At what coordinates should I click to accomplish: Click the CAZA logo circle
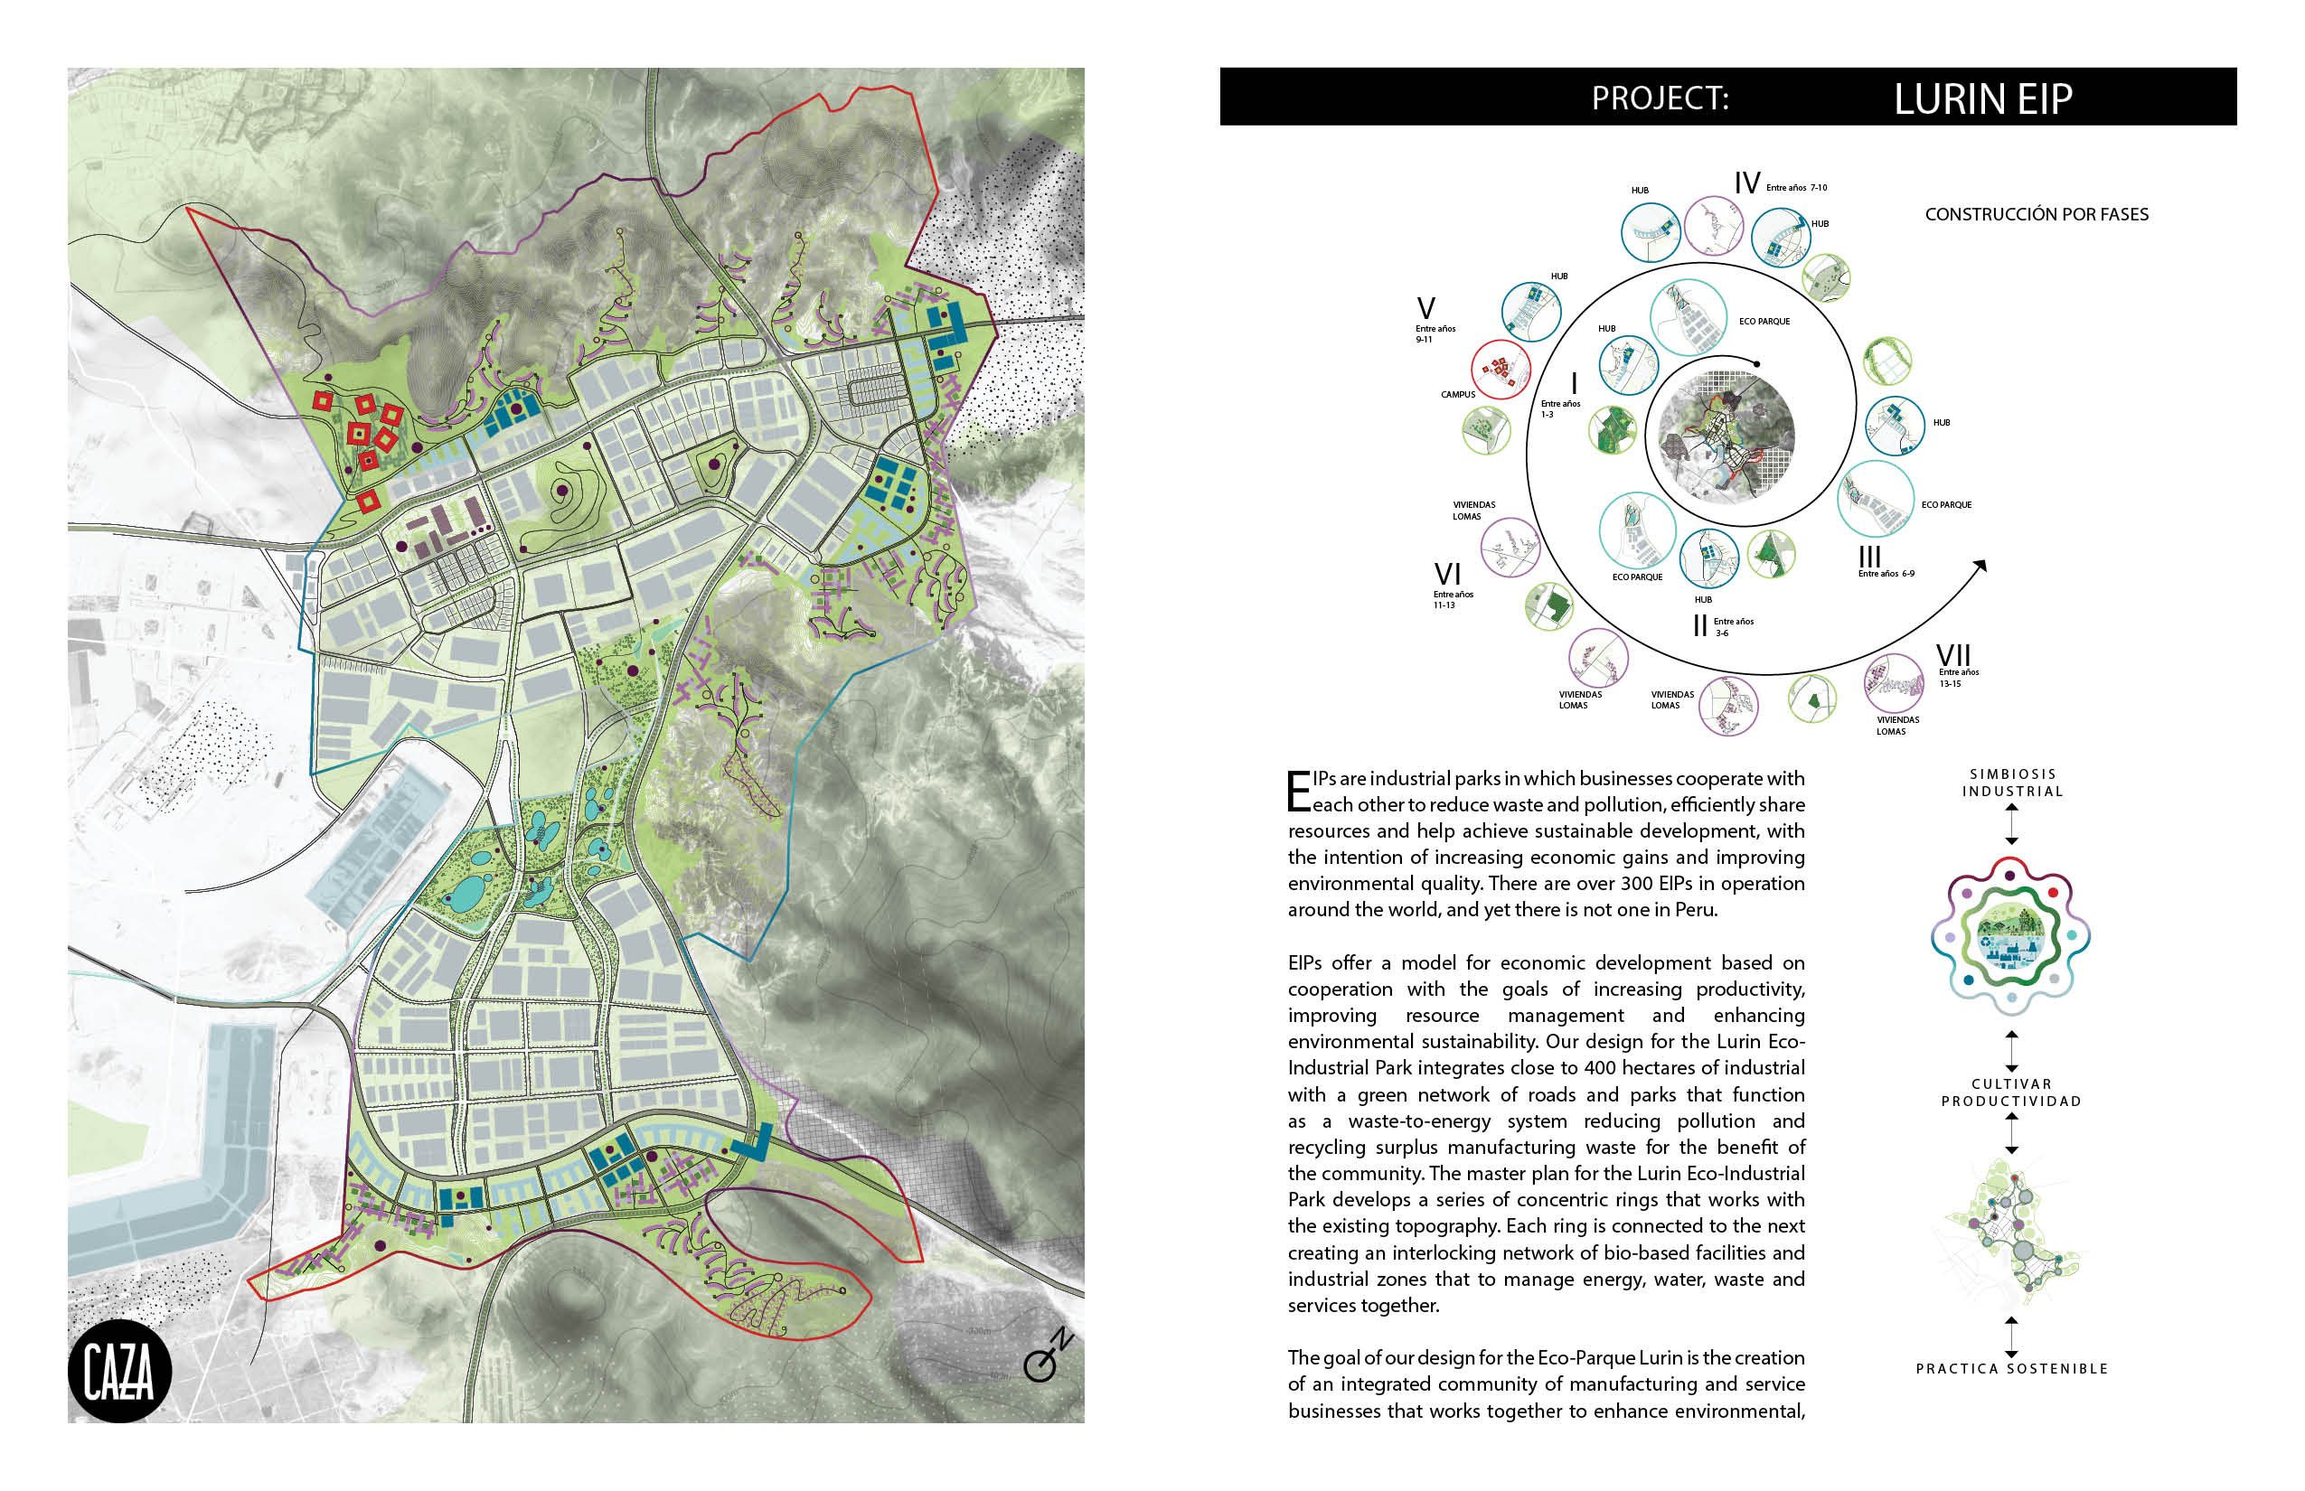pos(119,1371)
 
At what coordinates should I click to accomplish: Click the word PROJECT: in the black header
pos(1660,98)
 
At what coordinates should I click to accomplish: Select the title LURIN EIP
pos(1982,98)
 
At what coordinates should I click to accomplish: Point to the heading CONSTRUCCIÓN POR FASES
pos(2036,214)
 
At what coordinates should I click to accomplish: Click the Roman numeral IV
pos(1746,183)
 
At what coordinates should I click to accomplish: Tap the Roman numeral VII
pos(1952,655)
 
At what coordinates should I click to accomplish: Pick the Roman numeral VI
pos(1447,574)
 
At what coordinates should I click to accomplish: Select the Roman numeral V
pos(1425,309)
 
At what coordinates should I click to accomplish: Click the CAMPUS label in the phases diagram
pos(1457,394)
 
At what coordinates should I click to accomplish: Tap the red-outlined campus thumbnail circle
pos(1501,369)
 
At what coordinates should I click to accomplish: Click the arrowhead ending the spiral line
pos(1980,566)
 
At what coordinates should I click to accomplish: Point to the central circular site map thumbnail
pos(1726,436)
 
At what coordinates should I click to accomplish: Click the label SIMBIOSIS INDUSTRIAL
pos(2011,783)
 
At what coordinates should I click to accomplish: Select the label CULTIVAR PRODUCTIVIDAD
pos(2010,1092)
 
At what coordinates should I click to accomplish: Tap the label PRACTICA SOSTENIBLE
pos(2011,1368)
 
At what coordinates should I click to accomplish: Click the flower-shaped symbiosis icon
pos(2010,937)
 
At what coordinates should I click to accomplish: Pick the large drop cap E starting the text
pos(1298,791)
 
